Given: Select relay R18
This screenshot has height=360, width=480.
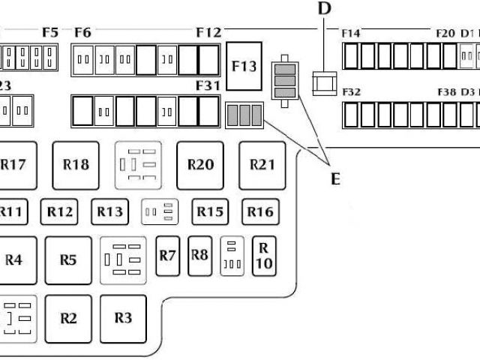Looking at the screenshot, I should pyautogui.click(x=76, y=165).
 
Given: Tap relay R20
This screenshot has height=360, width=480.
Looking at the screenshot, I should pyautogui.click(x=200, y=165).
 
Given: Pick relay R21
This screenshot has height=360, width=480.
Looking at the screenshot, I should pyautogui.click(x=262, y=165).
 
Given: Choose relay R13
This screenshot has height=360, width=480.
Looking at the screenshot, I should pyautogui.click(x=109, y=212).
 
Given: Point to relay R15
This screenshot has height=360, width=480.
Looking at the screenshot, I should pyautogui.click(x=210, y=212).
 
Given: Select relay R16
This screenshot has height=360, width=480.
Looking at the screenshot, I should pyautogui.click(x=260, y=212).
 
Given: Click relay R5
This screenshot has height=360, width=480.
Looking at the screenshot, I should pyautogui.click(x=68, y=260).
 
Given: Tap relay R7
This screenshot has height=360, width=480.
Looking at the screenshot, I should pyautogui.click(x=167, y=255).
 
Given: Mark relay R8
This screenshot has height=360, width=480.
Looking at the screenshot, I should pyautogui.click(x=199, y=255).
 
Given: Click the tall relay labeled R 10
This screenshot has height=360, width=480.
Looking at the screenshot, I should pyautogui.click(x=263, y=256).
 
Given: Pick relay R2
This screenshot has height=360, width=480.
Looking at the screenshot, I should pyautogui.click(x=68, y=318).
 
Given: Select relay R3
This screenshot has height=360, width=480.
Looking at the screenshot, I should pyautogui.click(x=124, y=318).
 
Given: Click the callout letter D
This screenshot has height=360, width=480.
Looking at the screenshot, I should pyautogui.click(x=323, y=8).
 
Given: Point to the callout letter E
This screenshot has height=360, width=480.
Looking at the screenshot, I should pyautogui.click(x=335, y=178).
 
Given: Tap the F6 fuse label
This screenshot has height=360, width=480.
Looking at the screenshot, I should pyautogui.click(x=83, y=32).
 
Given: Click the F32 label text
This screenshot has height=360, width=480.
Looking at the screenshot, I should pyautogui.click(x=351, y=91).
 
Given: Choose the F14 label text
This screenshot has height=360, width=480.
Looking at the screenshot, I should pyautogui.click(x=351, y=33).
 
